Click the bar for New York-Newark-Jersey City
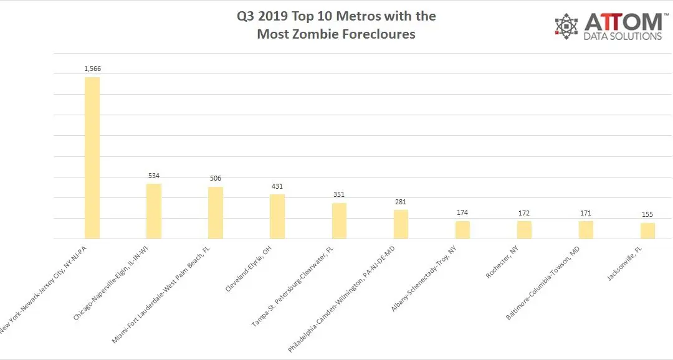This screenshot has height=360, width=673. coord(92,158)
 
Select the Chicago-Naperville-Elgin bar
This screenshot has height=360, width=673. coord(154,211)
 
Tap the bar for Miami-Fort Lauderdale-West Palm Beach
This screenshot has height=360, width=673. coord(216,212)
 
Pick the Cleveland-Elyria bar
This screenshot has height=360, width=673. coord(277,216)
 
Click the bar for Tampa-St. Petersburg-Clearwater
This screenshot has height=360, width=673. coord(339,220)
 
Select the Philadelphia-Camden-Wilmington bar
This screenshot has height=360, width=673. coord(401,224)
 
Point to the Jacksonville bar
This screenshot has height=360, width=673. coord(647,230)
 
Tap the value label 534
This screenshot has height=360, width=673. coord(154,176)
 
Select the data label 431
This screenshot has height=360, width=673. coord(277,187)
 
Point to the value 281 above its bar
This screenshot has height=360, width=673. coord(401,202)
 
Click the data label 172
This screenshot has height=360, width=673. coord(524,214)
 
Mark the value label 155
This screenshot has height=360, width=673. coord(647,215)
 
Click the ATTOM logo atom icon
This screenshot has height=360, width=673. coord(566,26)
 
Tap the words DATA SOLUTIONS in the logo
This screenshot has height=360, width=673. coord(623,36)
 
